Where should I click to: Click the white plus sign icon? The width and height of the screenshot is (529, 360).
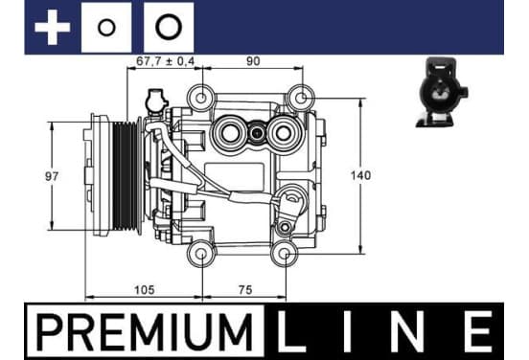pyautogui.click(x=52, y=28)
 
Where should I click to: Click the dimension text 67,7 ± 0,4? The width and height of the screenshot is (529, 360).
pyautogui.click(x=165, y=61)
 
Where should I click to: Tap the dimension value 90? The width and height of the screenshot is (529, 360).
pyautogui.click(x=253, y=61)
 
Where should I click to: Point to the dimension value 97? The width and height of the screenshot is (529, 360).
pyautogui.click(x=52, y=176)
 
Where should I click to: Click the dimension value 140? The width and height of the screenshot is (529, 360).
pyautogui.click(x=360, y=175)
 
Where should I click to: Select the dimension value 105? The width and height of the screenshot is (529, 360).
pyautogui.click(x=145, y=289)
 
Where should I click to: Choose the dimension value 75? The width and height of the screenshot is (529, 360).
pyautogui.click(x=245, y=289)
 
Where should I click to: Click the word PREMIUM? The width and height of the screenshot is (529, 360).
pyautogui.click(x=145, y=332)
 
